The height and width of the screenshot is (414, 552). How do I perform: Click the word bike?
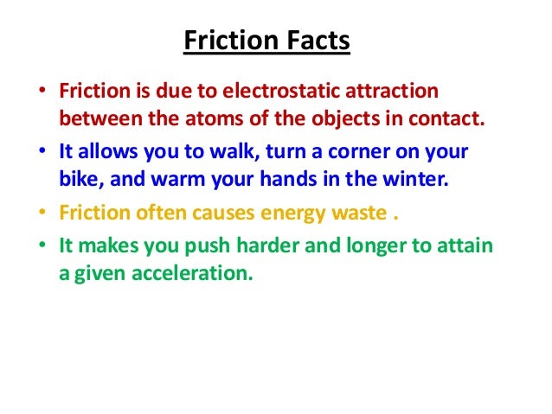coord(77,182)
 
